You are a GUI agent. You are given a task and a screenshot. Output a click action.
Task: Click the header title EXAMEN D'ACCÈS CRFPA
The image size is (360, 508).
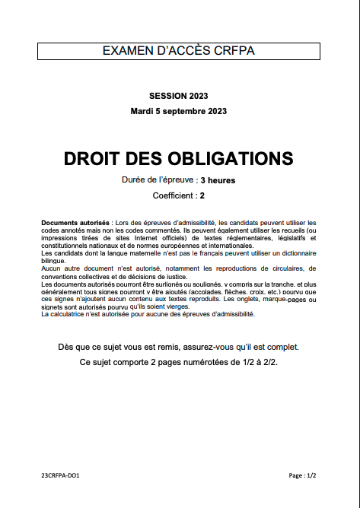179,50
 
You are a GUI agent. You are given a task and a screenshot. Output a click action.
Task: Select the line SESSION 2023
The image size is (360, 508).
179,96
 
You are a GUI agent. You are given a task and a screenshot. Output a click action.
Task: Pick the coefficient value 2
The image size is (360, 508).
202,195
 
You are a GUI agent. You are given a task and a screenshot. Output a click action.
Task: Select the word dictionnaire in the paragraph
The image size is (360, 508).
292,252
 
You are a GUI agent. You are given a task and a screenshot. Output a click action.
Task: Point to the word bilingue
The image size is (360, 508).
53,260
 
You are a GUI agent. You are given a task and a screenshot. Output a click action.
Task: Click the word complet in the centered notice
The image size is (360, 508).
282,347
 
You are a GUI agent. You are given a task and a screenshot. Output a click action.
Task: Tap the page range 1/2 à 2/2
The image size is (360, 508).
253,362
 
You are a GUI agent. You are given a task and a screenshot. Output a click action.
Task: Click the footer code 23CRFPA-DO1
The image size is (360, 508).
61,475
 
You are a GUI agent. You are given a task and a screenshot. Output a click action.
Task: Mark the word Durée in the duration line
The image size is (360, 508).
134,180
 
